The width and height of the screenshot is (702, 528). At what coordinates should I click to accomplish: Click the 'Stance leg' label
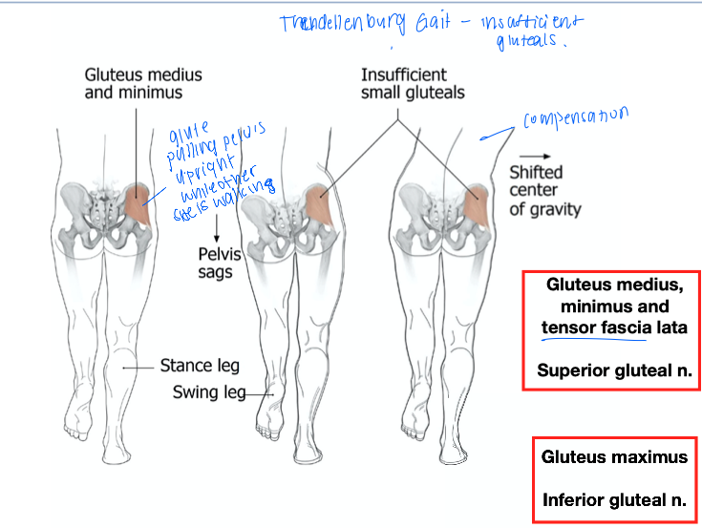click(199, 366)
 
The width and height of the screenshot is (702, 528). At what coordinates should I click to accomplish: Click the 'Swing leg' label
click(208, 391)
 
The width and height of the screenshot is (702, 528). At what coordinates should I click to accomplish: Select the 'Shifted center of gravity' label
click(544, 191)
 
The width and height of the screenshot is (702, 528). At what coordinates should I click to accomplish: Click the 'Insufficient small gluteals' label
click(413, 83)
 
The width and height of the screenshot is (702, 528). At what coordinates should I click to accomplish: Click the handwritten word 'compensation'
click(575, 118)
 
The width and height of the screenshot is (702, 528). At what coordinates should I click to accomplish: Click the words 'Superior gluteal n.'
click(613, 370)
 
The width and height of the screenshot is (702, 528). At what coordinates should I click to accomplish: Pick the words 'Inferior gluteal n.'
click(614, 499)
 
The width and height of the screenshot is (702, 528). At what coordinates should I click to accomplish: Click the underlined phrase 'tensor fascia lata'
click(613, 328)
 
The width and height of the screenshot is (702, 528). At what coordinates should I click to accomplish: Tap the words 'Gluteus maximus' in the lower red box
click(614, 456)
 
